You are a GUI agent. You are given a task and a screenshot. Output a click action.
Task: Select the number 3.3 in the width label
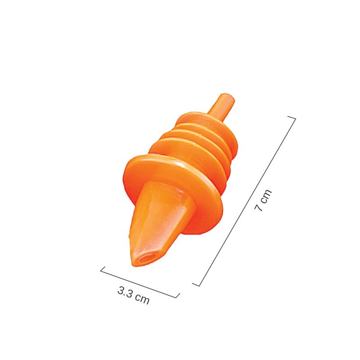[126, 293]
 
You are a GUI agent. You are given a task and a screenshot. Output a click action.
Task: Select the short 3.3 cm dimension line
[139, 283]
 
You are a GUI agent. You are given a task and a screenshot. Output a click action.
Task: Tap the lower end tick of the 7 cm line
[196, 283]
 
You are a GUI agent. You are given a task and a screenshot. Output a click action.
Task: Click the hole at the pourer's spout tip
[144, 260]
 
